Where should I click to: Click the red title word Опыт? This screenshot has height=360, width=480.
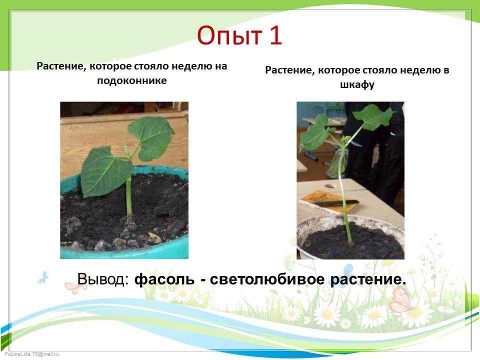coord(229,36)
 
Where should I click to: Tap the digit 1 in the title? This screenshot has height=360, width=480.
coord(275,35)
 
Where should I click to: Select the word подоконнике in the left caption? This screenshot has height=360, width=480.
coord(132,81)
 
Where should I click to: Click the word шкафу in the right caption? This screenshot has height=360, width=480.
coord(357,85)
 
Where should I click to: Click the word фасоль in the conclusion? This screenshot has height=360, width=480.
coord(164,279)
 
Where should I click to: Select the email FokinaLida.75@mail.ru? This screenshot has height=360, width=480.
coord(32,354)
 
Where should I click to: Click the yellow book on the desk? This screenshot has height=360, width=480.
coord(327,201)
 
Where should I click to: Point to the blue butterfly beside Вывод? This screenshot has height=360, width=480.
coord(43,277)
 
